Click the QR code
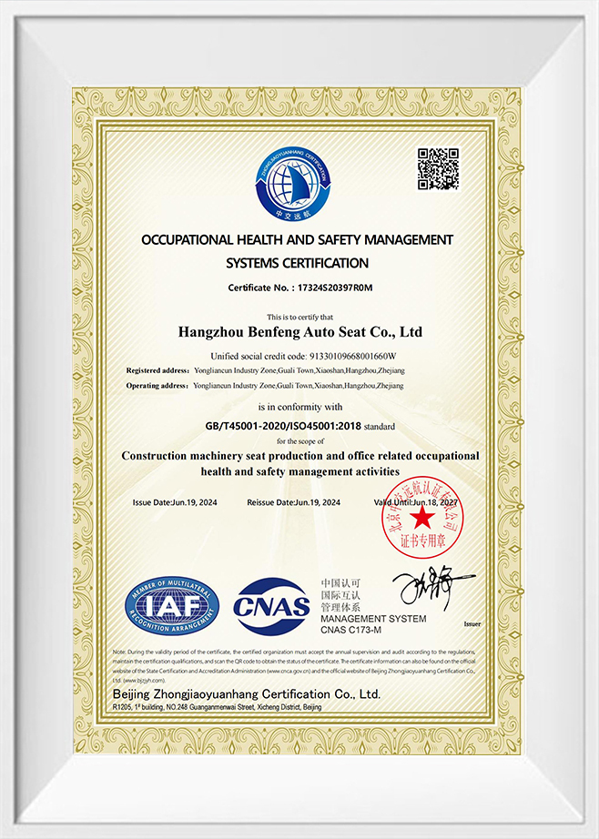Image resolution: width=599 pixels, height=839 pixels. tap(438, 168)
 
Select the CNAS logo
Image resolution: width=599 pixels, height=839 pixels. tap(272, 605)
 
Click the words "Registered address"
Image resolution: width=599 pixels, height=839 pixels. tap(158, 371)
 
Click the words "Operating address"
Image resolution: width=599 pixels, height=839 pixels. tap(159, 386)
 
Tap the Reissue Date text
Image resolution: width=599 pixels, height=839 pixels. tap(293, 502)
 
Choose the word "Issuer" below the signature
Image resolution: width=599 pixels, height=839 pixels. tap(471, 624)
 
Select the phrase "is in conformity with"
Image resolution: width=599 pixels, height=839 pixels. tap(299, 407)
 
